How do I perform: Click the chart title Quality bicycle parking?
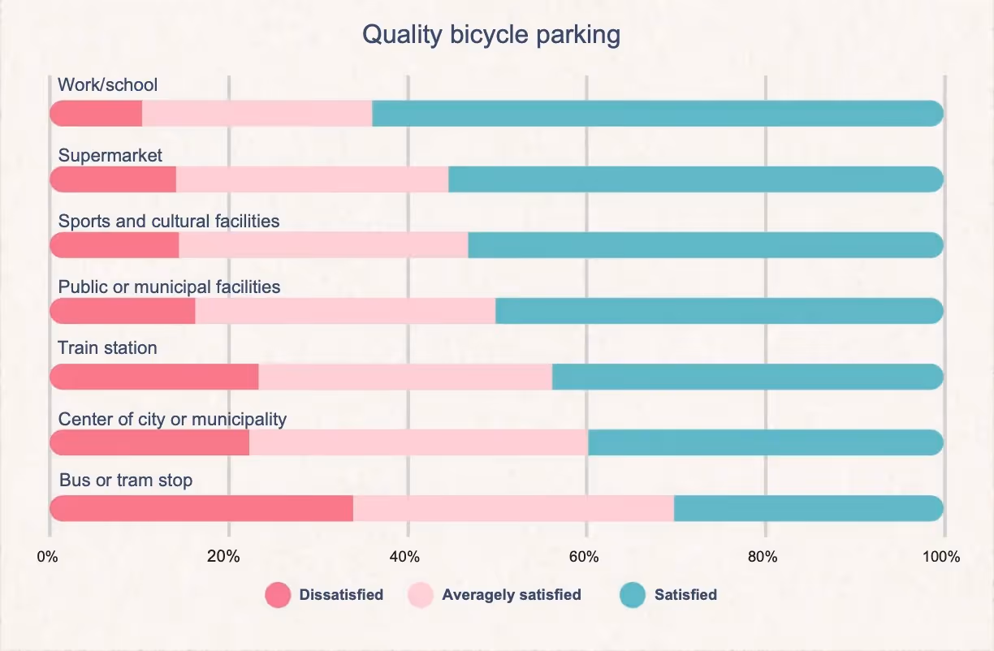click(491, 35)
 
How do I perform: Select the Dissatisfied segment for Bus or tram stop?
click(201, 508)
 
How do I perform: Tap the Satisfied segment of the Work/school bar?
click(658, 114)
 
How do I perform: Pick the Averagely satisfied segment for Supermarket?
click(313, 179)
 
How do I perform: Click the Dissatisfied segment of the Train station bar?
click(154, 377)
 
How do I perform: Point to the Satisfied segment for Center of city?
click(766, 442)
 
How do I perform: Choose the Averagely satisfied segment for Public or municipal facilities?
click(345, 311)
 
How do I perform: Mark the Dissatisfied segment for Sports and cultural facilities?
click(115, 245)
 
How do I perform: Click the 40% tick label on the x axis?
click(404, 557)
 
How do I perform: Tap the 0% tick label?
click(47, 557)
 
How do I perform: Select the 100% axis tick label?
click(941, 557)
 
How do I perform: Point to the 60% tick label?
click(584, 557)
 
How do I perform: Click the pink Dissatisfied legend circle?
click(278, 595)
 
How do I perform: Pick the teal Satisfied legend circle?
click(633, 595)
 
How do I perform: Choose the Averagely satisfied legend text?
click(512, 595)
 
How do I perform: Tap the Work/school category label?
click(107, 84)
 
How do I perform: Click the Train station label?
click(107, 347)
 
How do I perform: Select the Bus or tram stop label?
click(126, 480)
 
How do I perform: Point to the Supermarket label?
click(110, 156)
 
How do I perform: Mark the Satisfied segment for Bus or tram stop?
click(809, 508)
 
